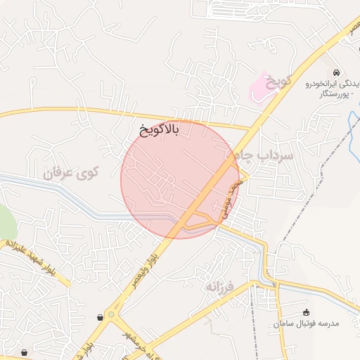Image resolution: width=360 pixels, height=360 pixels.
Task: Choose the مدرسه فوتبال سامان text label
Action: click(307, 323)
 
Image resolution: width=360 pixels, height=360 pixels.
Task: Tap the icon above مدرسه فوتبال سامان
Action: click(305, 312)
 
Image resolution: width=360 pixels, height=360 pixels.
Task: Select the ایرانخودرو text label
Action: click(327, 84)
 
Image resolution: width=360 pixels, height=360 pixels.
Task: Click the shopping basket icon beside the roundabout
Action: click(103, 317)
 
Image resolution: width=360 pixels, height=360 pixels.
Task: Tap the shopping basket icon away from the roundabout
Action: click(25, 352)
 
